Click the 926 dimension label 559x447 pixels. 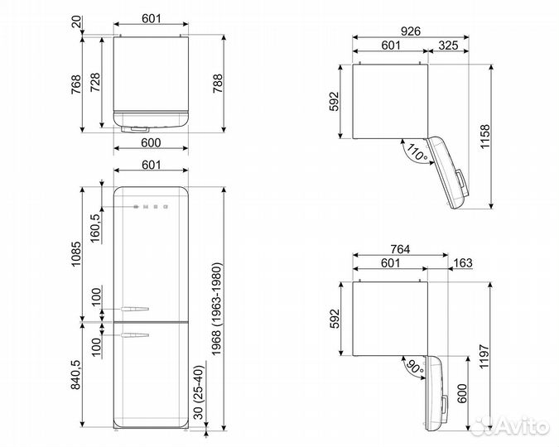[x=411, y=31]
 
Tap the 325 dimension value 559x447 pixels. [x=448, y=46]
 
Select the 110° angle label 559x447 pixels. [x=417, y=152]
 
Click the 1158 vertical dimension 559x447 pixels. [x=484, y=137]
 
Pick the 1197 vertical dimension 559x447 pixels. [x=484, y=357]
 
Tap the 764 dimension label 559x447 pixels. [x=400, y=249]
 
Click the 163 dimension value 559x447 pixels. [x=463, y=263]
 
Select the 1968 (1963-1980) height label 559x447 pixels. [x=217, y=309]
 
